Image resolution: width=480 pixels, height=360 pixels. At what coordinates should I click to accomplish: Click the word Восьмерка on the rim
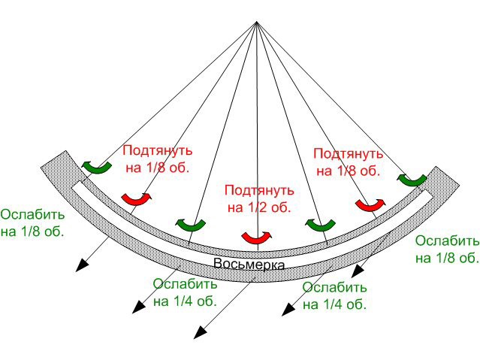click(249, 264)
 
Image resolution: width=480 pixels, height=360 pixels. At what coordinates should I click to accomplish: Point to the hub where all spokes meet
click(257, 22)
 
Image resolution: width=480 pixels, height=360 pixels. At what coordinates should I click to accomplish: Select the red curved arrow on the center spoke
click(257, 237)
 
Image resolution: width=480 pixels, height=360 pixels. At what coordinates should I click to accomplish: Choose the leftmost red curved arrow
click(137, 199)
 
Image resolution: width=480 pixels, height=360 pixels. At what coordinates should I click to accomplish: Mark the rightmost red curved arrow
click(370, 205)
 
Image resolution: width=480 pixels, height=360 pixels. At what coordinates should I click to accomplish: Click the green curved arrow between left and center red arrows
click(190, 225)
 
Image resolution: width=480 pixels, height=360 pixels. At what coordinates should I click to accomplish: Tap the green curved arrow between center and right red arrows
click(320, 225)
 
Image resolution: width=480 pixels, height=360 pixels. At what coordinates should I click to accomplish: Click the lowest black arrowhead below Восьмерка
click(201, 332)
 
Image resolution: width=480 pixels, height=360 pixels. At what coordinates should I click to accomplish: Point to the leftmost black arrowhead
click(82, 265)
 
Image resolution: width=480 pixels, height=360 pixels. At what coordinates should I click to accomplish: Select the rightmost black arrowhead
click(358, 271)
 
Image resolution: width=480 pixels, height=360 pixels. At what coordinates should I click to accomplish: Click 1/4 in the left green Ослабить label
click(183, 301)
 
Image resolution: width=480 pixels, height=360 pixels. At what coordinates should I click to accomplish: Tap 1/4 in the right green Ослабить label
click(333, 304)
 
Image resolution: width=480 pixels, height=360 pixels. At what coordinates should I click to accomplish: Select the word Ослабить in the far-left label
click(32, 214)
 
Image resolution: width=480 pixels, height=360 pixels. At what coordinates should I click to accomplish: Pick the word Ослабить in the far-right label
click(447, 241)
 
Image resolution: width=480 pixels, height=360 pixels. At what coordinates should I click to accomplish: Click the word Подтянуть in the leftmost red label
click(158, 151)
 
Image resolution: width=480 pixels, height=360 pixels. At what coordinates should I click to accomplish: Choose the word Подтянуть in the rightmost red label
click(349, 153)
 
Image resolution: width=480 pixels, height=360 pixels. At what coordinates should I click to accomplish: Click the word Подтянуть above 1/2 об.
click(259, 190)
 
